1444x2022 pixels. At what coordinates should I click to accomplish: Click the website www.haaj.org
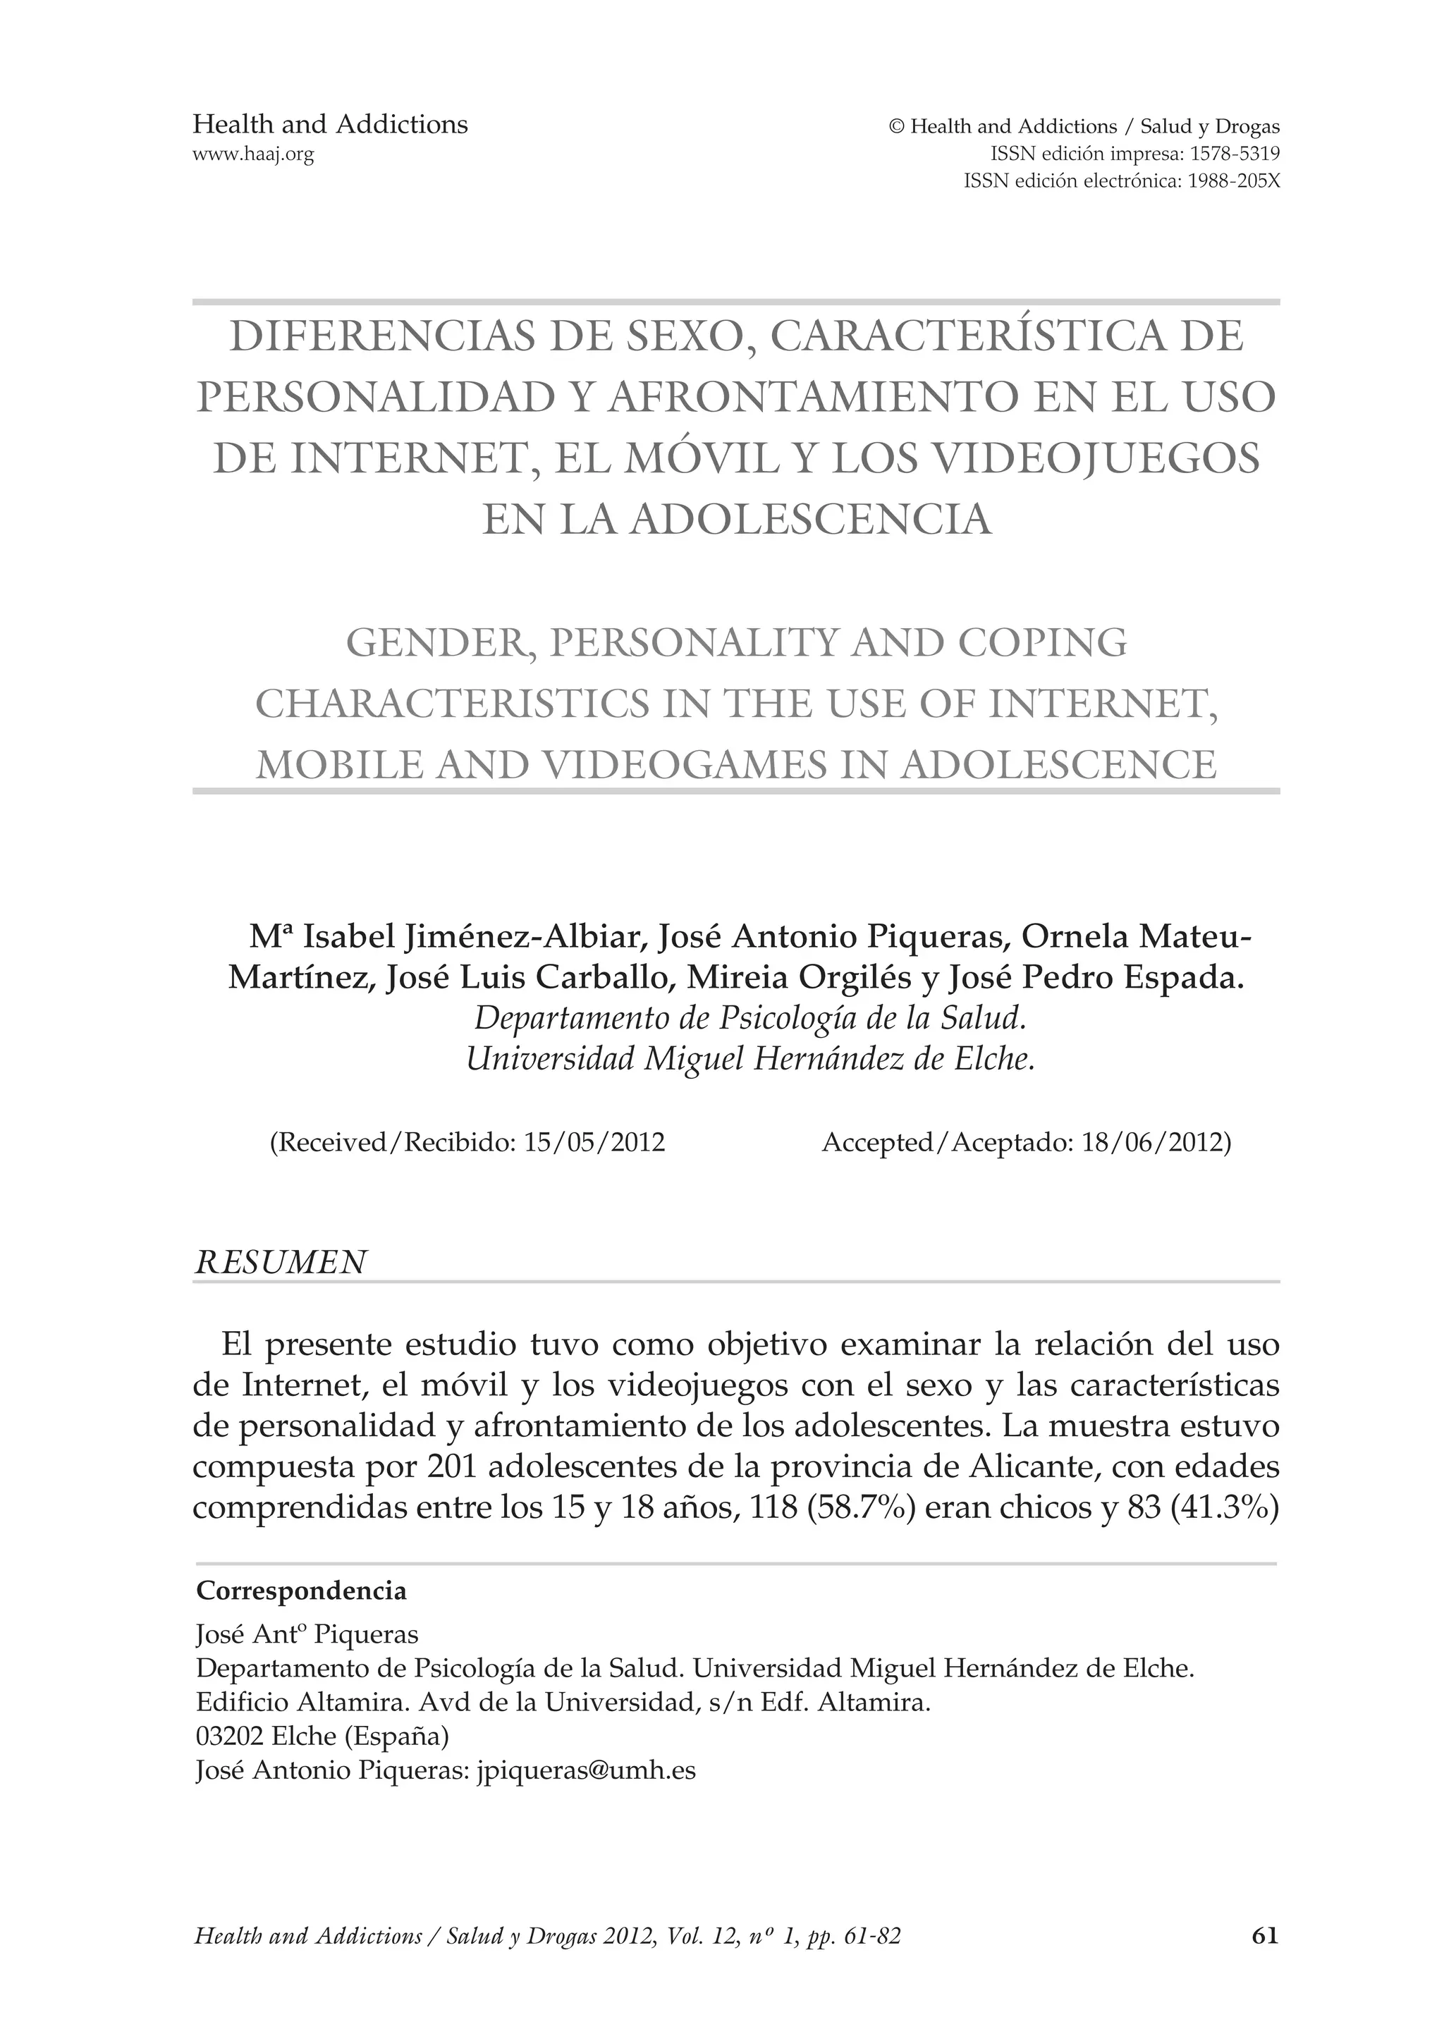[253, 154]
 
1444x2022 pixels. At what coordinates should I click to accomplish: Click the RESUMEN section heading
[280, 1263]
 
